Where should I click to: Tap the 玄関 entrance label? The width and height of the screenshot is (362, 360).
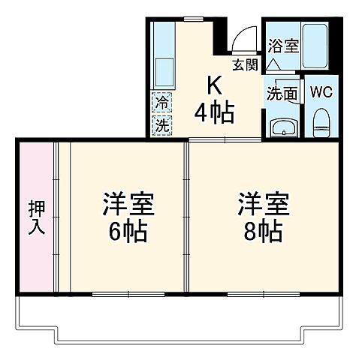point(245,64)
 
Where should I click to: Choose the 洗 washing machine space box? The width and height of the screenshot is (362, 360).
point(162,124)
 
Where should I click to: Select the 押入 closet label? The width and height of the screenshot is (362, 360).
point(35,217)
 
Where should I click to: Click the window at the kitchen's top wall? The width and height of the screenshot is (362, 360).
point(194,18)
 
